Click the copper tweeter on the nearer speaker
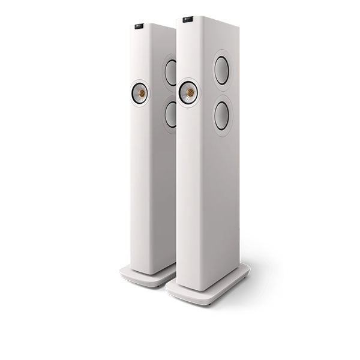[190, 92]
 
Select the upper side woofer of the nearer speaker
[221, 70]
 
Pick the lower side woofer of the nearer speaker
[221, 115]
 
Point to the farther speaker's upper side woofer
[171, 73]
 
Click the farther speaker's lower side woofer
[171, 115]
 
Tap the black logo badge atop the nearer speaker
[188, 20]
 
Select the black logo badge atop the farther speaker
[139, 26]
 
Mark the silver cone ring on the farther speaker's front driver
[135, 93]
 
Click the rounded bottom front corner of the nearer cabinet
[179, 282]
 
